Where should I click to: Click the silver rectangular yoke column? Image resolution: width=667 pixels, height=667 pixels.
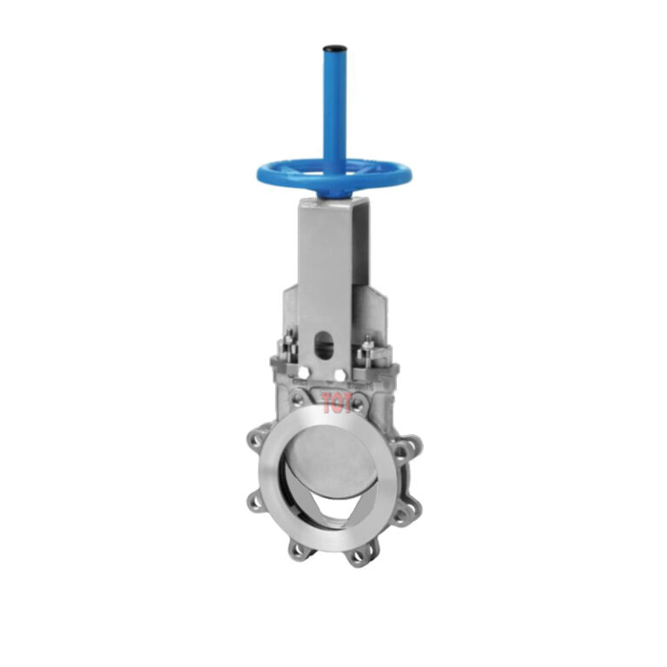[x=333, y=261]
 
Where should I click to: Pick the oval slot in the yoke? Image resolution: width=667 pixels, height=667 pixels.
[x=324, y=346]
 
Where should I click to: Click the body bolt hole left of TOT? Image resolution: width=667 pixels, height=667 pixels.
[x=300, y=399]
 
